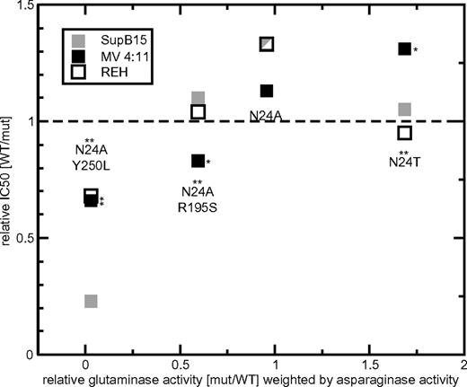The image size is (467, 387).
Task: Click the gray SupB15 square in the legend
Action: click(79, 40)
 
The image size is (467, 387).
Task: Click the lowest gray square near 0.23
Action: click(91, 301)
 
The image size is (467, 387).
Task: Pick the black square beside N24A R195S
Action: click(198, 161)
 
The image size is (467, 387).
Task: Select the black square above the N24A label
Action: click(266, 91)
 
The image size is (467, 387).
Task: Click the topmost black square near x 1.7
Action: click(404, 48)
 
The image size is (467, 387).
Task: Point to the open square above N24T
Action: click(404, 133)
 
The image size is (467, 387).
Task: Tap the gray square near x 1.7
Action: click(404, 110)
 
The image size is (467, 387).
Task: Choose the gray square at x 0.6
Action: click(198, 98)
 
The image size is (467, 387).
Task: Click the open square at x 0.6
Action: click(198, 112)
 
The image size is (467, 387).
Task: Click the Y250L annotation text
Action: click(91, 166)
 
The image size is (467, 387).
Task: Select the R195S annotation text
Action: click(198, 206)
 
